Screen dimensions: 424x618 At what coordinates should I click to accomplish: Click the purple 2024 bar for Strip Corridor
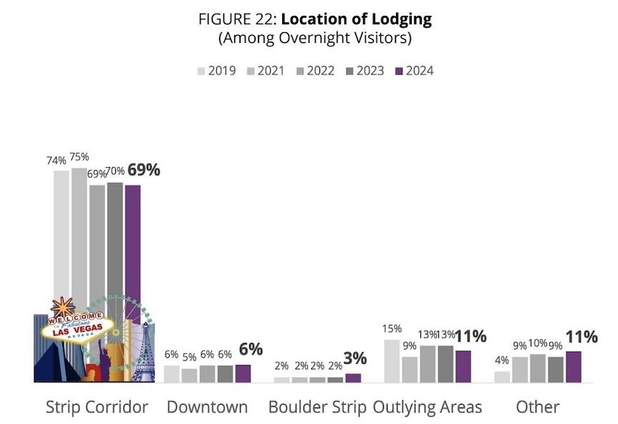point(132,244)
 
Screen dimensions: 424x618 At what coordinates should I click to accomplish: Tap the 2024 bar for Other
point(574,367)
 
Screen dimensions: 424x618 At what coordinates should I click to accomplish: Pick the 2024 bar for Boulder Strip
point(353,377)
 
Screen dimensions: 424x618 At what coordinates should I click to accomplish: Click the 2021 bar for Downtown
point(190,375)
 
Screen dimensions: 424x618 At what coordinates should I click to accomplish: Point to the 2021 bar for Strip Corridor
point(79,237)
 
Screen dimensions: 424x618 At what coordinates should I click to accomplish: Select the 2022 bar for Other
point(538,368)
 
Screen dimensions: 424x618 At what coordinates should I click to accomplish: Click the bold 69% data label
point(144,170)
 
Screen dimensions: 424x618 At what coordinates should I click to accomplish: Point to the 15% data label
point(392,329)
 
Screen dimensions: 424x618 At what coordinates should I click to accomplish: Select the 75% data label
point(79,156)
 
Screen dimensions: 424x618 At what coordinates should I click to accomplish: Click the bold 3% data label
point(355,358)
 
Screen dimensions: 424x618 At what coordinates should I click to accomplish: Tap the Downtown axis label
point(207,407)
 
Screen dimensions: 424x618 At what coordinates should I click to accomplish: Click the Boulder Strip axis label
point(317,407)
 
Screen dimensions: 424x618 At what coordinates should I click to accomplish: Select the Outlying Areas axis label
point(428,407)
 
